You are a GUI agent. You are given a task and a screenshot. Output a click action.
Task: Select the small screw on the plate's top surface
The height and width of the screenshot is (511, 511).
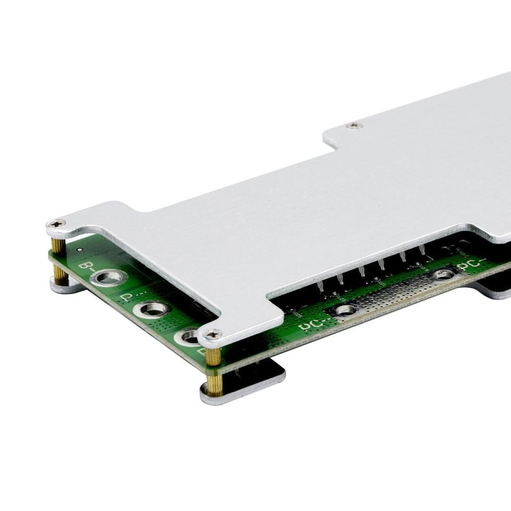(355, 124)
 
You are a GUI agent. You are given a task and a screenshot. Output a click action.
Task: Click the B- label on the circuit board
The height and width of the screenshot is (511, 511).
(87, 266)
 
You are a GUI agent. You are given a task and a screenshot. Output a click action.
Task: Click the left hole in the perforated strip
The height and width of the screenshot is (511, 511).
(344, 309)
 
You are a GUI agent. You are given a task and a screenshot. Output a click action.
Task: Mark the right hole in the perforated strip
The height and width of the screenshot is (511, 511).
(443, 275)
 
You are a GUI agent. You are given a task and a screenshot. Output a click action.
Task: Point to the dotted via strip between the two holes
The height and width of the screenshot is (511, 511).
(392, 292)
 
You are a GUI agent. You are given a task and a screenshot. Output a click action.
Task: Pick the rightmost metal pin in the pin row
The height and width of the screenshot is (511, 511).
(422, 252)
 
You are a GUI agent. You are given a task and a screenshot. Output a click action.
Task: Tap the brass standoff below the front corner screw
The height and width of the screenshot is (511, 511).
(213, 363)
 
